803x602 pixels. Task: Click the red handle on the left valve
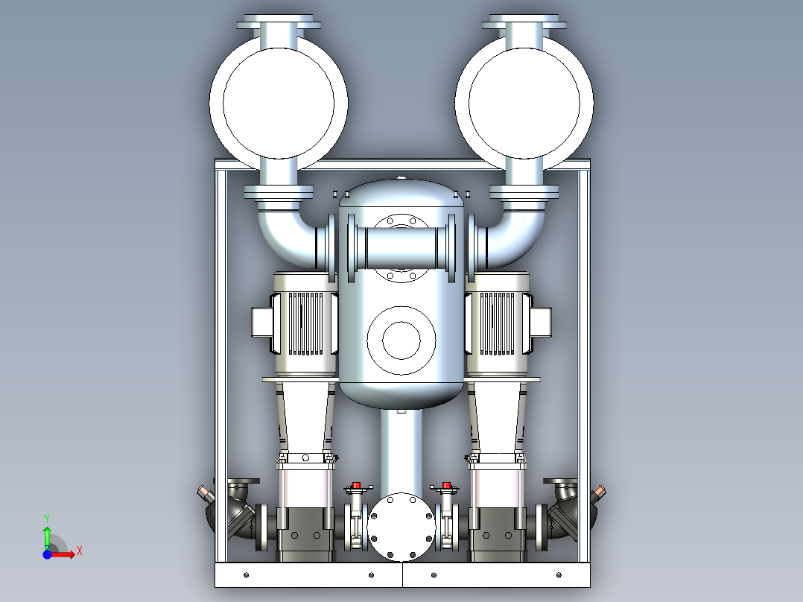pyautogui.click(x=356, y=485)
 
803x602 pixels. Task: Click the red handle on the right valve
pyautogui.click(x=446, y=485)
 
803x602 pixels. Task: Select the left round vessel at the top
pyautogui.click(x=279, y=103)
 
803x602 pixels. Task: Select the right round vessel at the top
pyautogui.click(x=524, y=103)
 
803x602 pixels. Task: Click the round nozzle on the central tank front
pyautogui.click(x=401, y=340)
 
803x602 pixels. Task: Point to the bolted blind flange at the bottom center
pyautogui.click(x=401, y=527)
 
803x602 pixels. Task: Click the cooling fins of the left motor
pyautogui.click(x=305, y=323)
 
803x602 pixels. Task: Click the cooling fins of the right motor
pyautogui.click(x=496, y=323)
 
